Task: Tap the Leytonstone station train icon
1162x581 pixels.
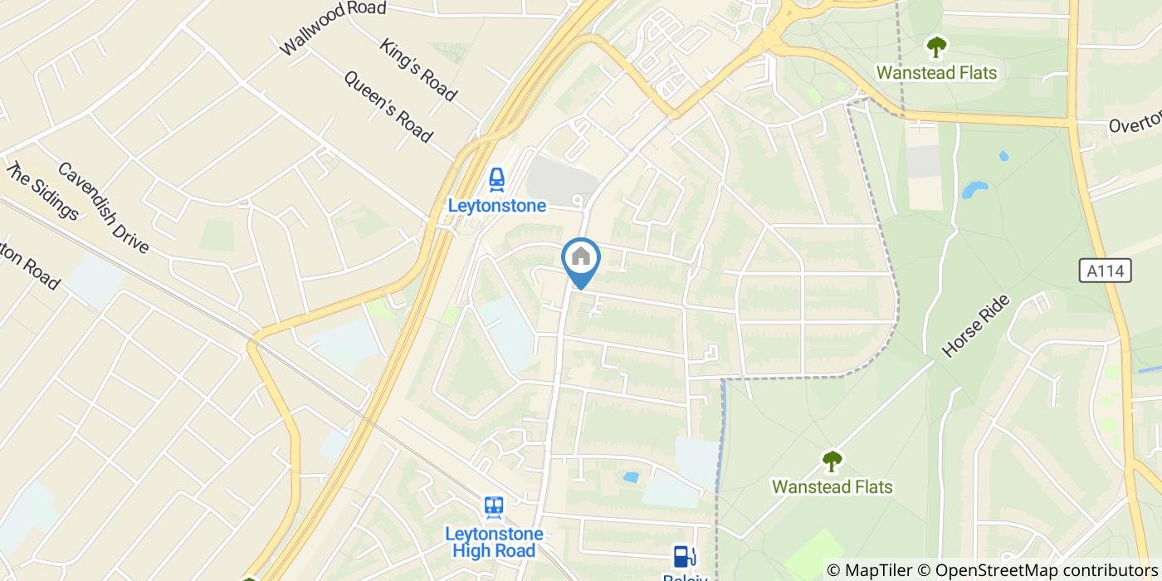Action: point(496,179)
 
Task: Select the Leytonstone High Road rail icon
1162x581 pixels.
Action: point(494,507)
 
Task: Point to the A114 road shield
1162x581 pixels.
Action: point(1106,271)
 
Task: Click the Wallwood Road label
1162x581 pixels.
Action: point(333,28)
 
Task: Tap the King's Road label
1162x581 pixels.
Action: point(418,70)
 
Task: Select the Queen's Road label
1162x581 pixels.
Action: point(388,106)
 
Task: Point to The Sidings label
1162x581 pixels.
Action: point(42,191)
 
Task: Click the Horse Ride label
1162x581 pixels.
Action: point(975,326)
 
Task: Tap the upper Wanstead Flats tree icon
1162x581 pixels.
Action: point(936,47)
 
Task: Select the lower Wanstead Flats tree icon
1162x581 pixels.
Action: point(832,461)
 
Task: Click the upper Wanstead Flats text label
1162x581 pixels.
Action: point(936,73)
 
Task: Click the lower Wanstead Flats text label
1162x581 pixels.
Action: point(832,486)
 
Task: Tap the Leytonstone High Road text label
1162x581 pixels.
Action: point(494,542)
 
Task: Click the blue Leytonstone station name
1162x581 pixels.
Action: point(496,206)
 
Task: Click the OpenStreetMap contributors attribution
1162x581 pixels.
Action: point(1038,570)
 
